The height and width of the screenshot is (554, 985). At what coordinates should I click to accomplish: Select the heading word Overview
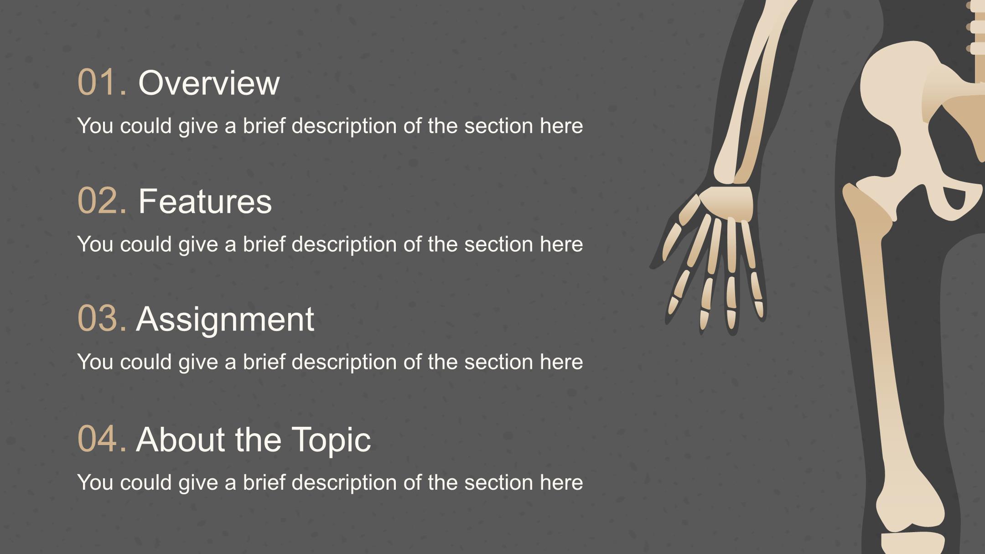coord(209,83)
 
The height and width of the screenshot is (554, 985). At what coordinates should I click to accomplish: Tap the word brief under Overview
coord(264,125)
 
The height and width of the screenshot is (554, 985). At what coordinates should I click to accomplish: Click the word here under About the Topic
coord(561,482)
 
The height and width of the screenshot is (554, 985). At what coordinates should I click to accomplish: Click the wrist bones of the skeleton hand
coord(727,201)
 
